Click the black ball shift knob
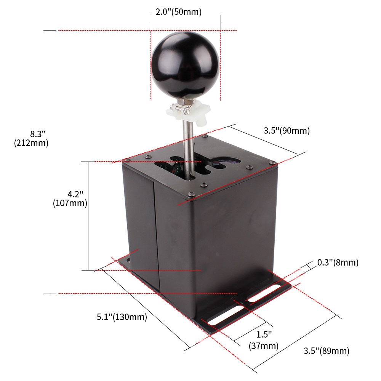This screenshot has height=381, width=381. point(186,65)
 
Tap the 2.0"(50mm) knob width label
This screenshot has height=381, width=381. point(179,12)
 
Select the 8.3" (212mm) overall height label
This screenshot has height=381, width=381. point(31,138)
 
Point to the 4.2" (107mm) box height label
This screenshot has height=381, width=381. point(70,199)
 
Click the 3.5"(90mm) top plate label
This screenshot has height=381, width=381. point(287,130)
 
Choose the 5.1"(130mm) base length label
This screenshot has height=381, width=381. point(122,317)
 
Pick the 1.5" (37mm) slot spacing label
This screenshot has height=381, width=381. point(264,340)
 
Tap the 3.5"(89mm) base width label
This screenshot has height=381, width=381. point(327,351)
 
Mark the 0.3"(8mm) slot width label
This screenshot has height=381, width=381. point(338,263)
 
